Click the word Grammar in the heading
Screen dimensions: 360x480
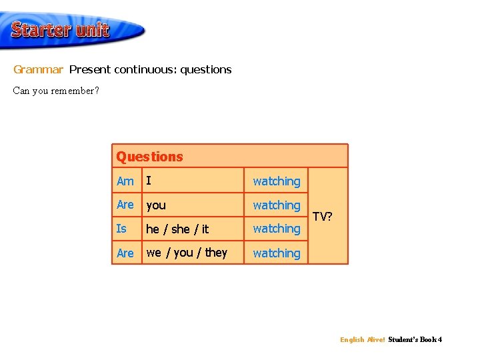point(38,69)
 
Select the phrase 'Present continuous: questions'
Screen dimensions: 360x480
point(150,69)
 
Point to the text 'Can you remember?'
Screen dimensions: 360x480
point(56,91)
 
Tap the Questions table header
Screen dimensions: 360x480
point(149,157)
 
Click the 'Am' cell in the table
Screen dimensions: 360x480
point(125,181)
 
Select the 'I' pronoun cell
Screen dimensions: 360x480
point(149,181)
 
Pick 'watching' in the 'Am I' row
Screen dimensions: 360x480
point(276,181)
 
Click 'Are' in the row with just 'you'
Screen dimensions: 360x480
point(125,205)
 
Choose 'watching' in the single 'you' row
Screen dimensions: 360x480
point(276,205)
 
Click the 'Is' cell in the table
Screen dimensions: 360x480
point(121,229)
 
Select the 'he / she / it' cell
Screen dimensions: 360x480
point(177,229)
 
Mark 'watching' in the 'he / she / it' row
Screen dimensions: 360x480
point(276,229)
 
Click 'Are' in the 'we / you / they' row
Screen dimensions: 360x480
point(125,253)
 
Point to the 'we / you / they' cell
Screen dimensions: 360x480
point(187,253)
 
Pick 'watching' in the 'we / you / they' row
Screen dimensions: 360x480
point(276,253)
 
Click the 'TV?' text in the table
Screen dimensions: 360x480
point(323,217)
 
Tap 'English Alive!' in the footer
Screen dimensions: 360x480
point(362,340)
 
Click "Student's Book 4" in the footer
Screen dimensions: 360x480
point(415,340)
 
